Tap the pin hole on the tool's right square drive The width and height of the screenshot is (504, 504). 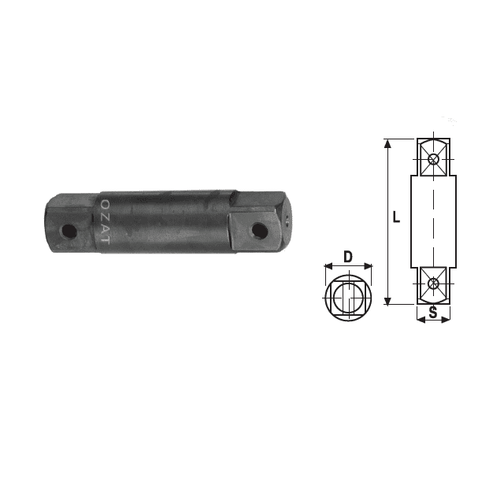pos(258,230)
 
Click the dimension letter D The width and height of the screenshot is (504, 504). pos(347,255)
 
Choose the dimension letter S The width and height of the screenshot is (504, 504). pos(432,313)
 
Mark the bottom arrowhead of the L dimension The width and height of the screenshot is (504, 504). pos(387,301)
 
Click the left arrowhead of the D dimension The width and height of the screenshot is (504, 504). pos(327,268)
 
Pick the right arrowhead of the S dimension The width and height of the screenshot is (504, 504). pos(447,318)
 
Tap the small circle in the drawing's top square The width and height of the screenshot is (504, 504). pos(433,160)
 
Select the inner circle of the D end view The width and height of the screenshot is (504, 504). pos(347,299)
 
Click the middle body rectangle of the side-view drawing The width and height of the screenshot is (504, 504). pos(433,220)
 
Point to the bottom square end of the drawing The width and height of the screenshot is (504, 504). pos(432,284)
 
